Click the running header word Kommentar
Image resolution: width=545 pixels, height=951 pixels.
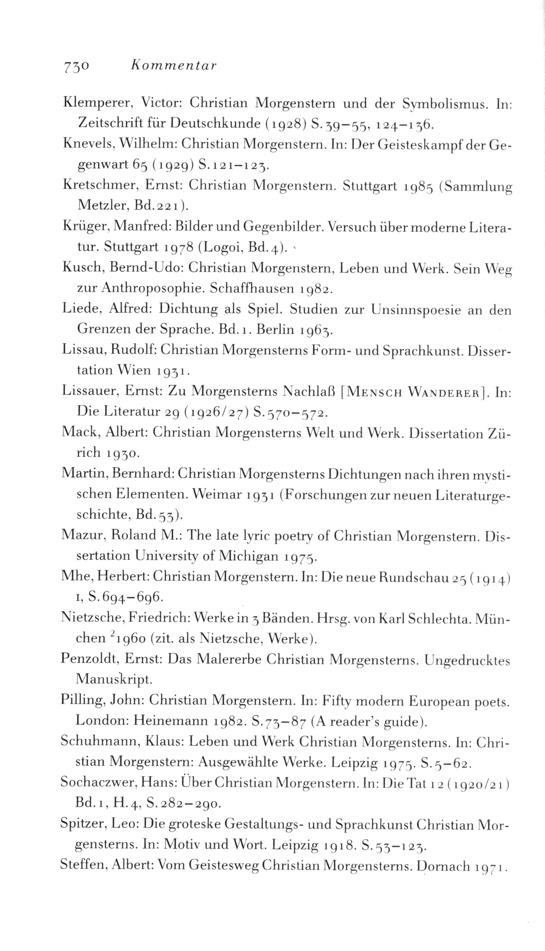point(174,65)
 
